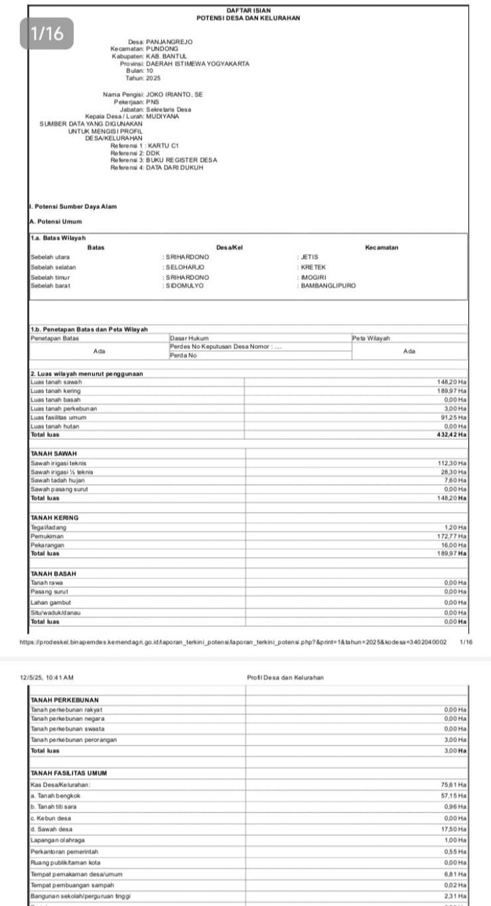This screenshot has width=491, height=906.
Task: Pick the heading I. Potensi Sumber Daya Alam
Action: [x=73, y=207]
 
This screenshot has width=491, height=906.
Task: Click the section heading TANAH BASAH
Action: [x=54, y=573]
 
